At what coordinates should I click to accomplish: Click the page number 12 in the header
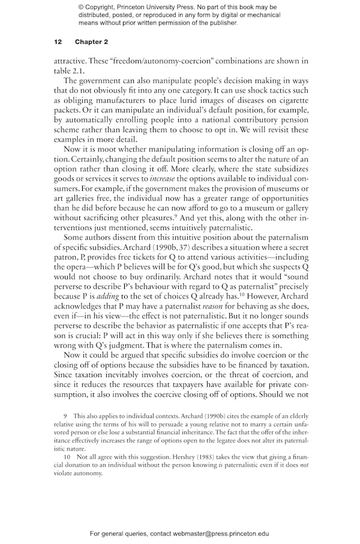click(x=58, y=42)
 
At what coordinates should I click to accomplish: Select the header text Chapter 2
click(x=91, y=42)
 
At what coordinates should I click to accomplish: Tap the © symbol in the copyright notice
click(x=81, y=7)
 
